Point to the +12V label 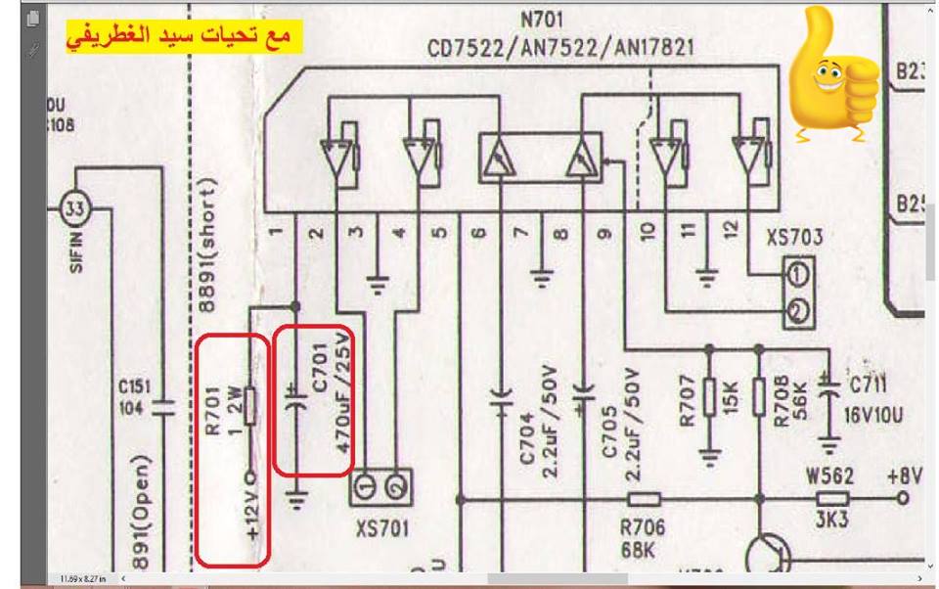252,517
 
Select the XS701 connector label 381,528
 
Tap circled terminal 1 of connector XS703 800,270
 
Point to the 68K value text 638,550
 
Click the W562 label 828,476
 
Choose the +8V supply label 905,476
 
